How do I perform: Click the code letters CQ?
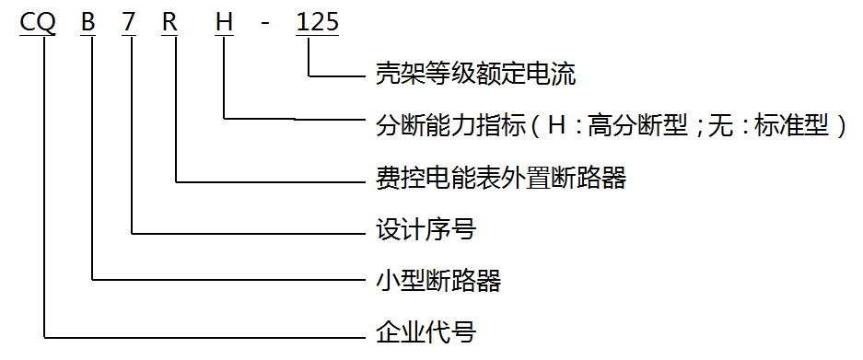[38, 21]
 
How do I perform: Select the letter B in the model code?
[88, 21]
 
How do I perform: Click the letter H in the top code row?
[225, 21]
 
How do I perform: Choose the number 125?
[317, 21]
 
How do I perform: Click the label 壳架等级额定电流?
[476, 74]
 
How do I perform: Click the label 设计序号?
[426, 229]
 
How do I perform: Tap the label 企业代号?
[426, 331]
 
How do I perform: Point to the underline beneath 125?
[317, 36]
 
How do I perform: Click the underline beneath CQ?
[38, 36]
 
